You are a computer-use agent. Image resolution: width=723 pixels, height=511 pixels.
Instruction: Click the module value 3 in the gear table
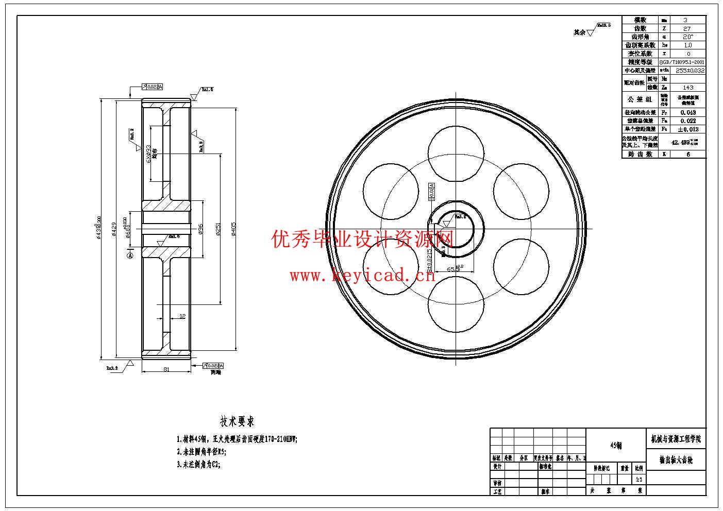(x=685, y=20)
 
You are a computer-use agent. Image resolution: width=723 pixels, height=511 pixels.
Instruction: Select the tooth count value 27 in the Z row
(x=687, y=29)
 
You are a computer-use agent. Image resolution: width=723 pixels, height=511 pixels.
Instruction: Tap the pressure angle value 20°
(x=688, y=37)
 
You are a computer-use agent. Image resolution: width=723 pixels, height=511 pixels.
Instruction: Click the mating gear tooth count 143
(x=688, y=88)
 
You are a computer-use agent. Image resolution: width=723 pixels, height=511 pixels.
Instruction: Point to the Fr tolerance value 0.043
(x=688, y=112)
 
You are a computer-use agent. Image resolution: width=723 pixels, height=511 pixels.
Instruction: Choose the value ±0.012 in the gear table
(x=688, y=129)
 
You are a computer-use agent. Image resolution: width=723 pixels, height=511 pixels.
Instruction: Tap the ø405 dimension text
(x=234, y=230)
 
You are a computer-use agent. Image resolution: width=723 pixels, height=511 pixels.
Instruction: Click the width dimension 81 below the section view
(x=166, y=369)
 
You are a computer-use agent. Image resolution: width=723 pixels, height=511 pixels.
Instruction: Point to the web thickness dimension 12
(x=182, y=316)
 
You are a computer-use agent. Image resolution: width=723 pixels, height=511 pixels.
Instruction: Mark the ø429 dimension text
(x=114, y=230)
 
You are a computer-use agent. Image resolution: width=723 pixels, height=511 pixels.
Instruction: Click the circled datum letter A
(x=130, y=254)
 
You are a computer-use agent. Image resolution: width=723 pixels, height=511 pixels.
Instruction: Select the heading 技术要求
(x=237, y=422)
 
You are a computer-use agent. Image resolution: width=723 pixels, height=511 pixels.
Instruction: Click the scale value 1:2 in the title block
(x=639, y=479)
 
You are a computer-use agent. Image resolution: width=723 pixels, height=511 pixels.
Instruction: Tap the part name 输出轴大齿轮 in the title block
(x=676, y=460)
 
